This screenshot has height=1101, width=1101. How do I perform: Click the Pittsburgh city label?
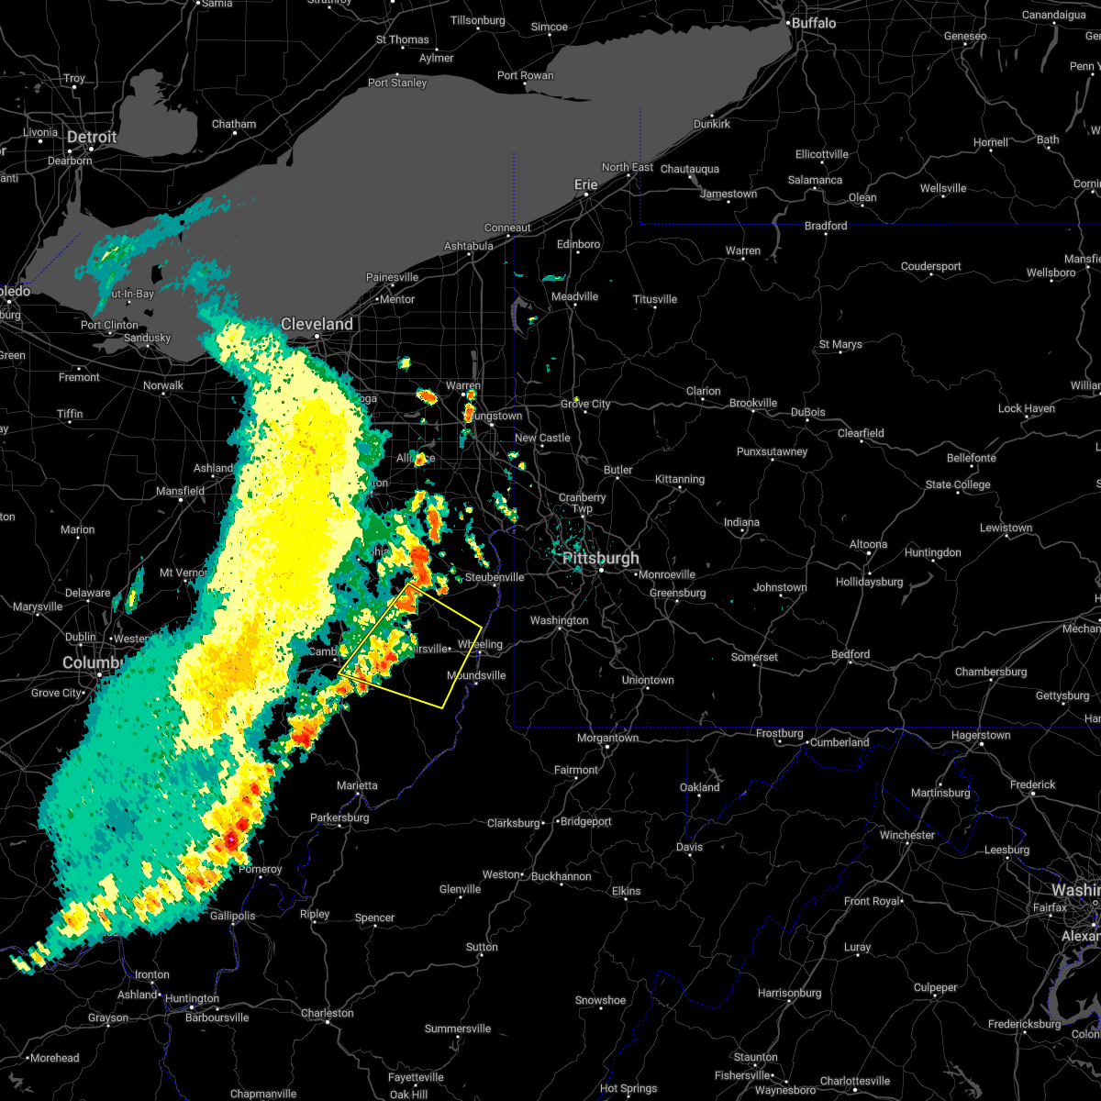pyautogui.click(x=601, y=558)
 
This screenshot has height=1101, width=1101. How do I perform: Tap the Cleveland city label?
pyautogui.click(x=317, y=324)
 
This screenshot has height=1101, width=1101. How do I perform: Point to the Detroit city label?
pyautogui.click(x=92, y=137)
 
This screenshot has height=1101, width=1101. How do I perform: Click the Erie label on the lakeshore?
pyautogui.click(x=585, y=184)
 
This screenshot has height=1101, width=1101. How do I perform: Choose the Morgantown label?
pyautogui.click(x=608, y=738)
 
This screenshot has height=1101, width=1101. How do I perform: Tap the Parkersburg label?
pyautogui.click(x=339, y=817)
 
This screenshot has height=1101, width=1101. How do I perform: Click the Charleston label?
pyautogui.click(x=328, y=1013)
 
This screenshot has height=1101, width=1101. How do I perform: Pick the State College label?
pyautogui.click(x=958, y=484)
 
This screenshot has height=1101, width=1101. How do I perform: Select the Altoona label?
pyautogui.click(x=868, y=544)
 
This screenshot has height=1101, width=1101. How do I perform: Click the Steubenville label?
pyautogui.click(x=495, y=577)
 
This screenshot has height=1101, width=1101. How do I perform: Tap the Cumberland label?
pyautogui.click(x=840, y=742)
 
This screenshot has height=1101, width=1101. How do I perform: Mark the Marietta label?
pyautogui.click(x=357, y=785)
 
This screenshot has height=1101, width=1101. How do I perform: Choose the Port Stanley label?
pyautogui.click(x=397, y=83)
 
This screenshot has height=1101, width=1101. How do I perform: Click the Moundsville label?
pyautogui.click(x=476, y=675)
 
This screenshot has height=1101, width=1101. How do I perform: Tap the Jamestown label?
pyautogui.click(x=728, y=194)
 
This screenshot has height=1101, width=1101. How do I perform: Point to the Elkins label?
pyautogui.click(x=627, y=891)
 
